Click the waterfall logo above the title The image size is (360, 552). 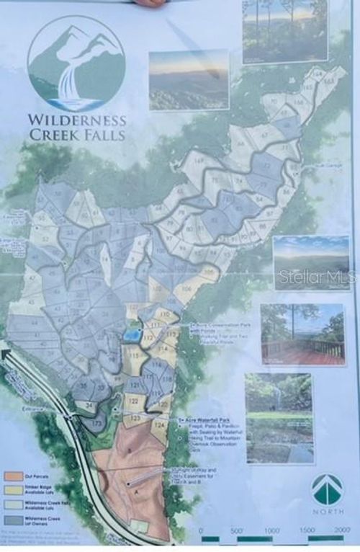[x=76, y=63]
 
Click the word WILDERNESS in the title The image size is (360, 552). [x=77, y=120]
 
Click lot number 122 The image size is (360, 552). [x=133, y=401]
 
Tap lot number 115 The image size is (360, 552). [x=134, y=355]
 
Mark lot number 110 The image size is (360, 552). [x=166, y=316]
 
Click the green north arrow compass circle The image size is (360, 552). [x=328, y=490]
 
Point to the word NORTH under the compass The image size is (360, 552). [x=328, y=512]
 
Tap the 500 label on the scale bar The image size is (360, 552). [x=235, y=530]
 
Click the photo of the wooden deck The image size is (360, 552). [x=302, y=334]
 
